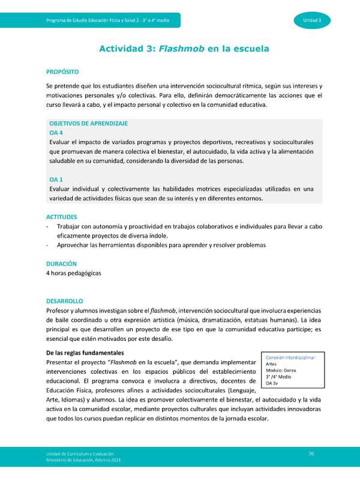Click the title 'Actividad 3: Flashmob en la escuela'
pyautogui.click(x=184, y=48)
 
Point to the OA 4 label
pyautogui.click(x=56, y=133)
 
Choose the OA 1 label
pyautogui.click(x=56, y=179)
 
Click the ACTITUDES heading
pyautogui.click(x=62, y=216)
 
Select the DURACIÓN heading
pyautogui.click(x=61, y=263)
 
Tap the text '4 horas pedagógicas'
pyautogui.click(x=74, y=273)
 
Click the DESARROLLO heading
pyautogui.click(x=64, y=301)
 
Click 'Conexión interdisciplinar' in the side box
pyautogui.click(x=290, y=358)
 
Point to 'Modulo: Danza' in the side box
pyautogui.click(x=280, y=370)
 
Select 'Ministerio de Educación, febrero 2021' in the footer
pyautogui.click(x=83, y=460)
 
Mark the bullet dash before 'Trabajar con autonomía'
pyautogui.click(x=47, y=227)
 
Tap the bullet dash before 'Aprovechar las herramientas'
pyautogui.click(x=47, y=245)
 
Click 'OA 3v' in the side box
pyautogui.click(x=271, y=383)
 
